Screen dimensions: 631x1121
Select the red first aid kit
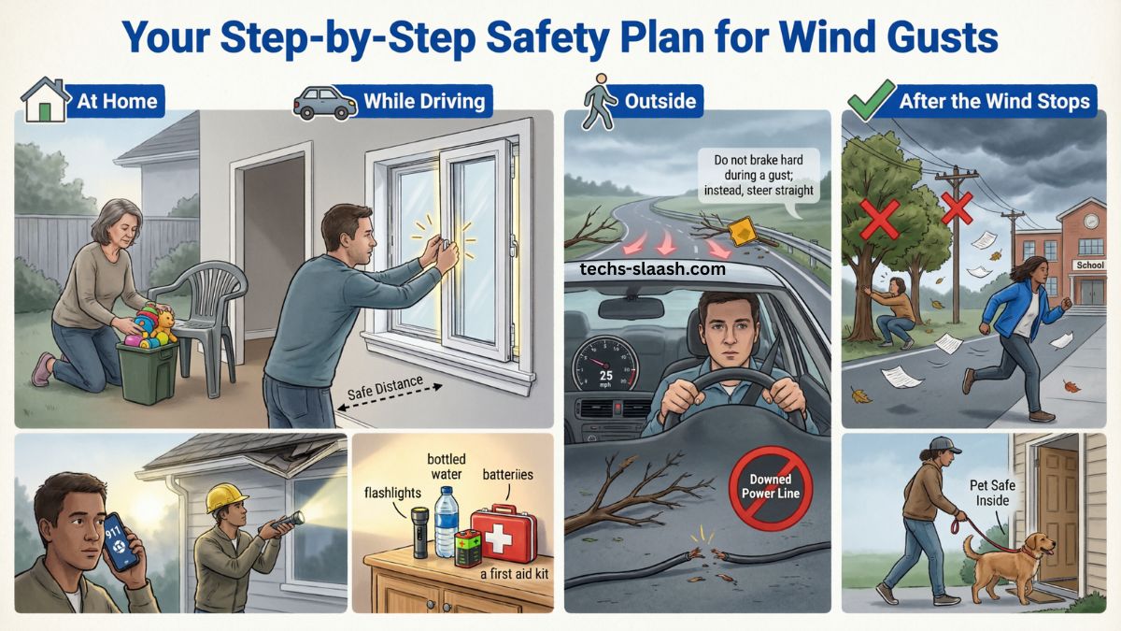tap(504, 534)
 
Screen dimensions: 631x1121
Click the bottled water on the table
tap(447, 524)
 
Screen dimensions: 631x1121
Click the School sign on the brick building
tap(1089, 265)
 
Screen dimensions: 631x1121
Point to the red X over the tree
tap(879, 217)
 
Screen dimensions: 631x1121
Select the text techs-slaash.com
tap(651, 268)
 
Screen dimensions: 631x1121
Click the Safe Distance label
tap(385, 387)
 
